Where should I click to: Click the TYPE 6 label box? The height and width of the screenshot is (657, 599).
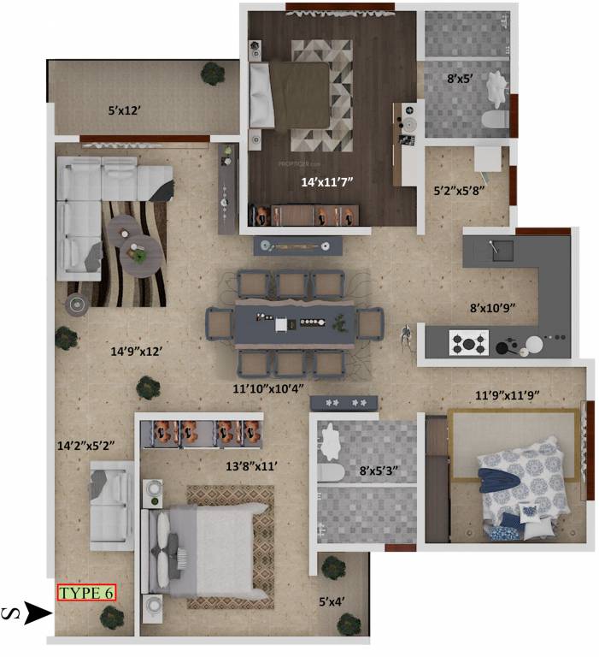coord(85,592)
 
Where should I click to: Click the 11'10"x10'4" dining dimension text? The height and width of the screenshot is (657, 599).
coord(268,388)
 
